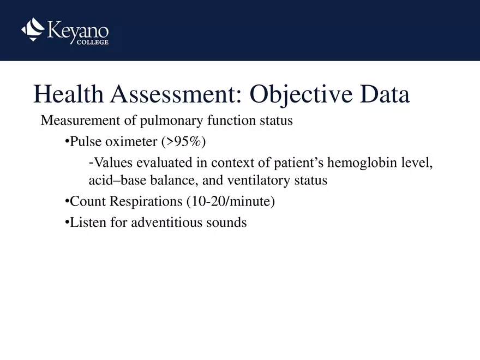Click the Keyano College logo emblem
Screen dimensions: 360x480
coord(32,29)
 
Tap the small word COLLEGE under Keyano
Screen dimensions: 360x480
coord(91,43)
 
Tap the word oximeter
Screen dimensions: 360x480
coord(131,142)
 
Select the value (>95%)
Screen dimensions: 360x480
coord(183,142)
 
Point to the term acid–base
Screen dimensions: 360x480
coord(115,180)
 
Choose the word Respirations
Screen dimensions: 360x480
coord(146,201)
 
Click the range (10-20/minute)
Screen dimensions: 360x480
coord(230,201)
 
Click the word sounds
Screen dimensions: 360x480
coord(228,223)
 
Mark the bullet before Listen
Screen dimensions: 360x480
coord(67,223)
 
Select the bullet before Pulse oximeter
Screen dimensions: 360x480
coord(67,142)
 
